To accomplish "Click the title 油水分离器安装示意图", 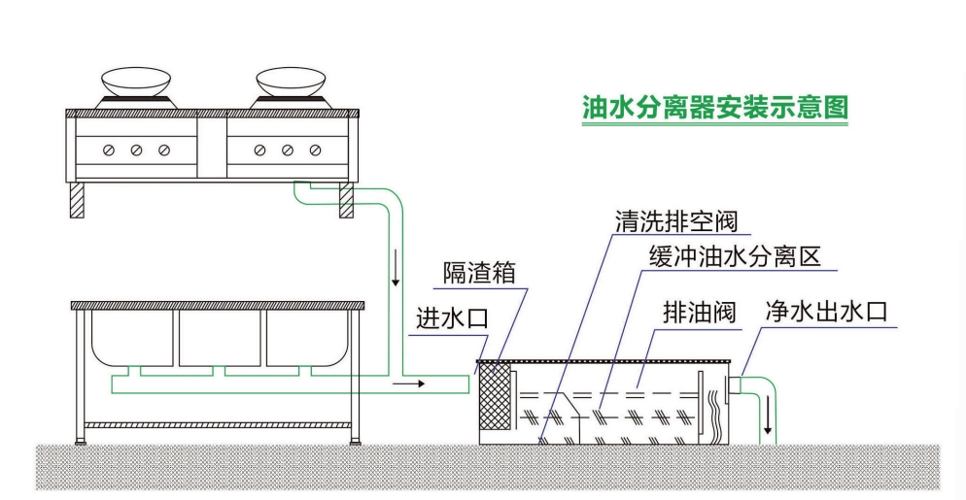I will tap(714, 106).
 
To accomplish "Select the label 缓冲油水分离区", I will tap(736, 258).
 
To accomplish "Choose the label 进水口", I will tap(450, 317).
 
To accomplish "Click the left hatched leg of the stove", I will tap(77, 200).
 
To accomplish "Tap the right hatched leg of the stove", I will tap(346, 200).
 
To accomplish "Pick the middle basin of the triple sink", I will tap(220, 337).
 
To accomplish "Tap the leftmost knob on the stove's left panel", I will tap(109, 150).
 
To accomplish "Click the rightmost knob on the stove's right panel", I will tap(315, 150).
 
